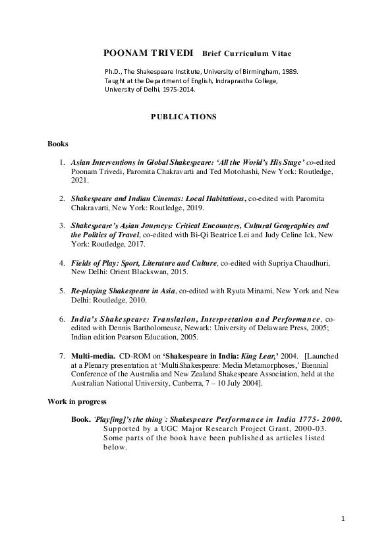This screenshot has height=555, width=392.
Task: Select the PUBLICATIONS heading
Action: (x=183, y=117)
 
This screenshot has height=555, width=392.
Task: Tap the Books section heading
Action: (x=58, y=143)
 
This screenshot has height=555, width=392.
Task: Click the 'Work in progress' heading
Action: (x=77, y=401)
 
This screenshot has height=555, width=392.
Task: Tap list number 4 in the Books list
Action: (x=62, y=263)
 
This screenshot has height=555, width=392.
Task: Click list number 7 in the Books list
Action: (x=62, y=356)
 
